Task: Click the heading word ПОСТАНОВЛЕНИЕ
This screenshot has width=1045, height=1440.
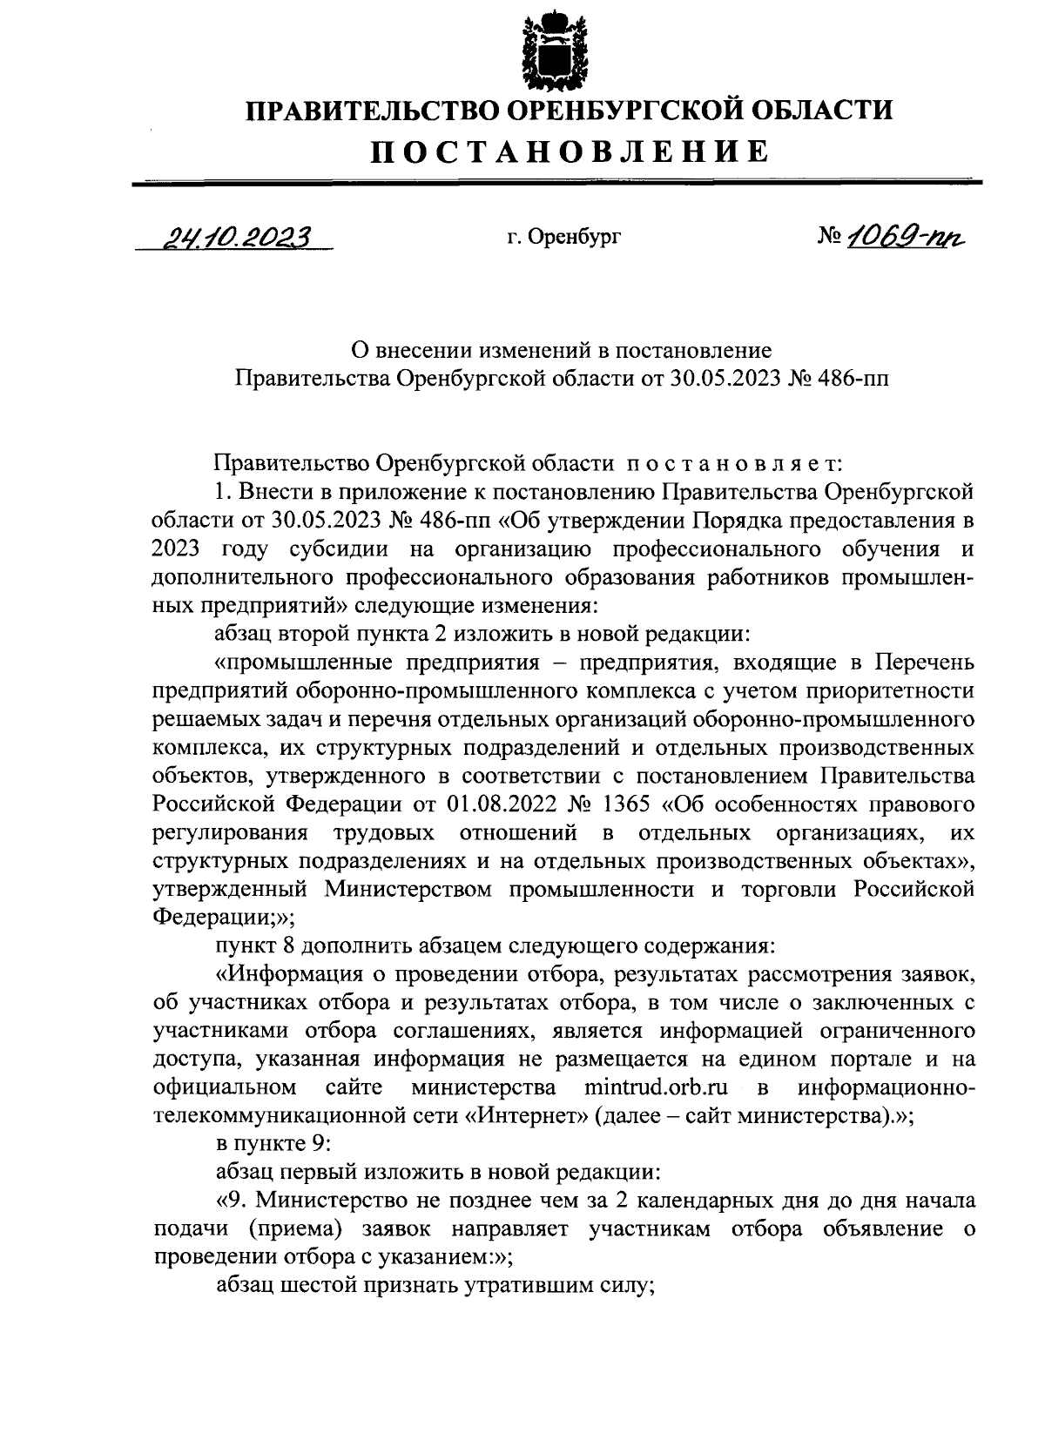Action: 570,151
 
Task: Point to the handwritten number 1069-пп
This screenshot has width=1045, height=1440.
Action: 909,234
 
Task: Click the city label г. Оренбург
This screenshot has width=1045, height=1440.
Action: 563,236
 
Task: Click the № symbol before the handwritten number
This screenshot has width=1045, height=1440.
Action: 833,236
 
